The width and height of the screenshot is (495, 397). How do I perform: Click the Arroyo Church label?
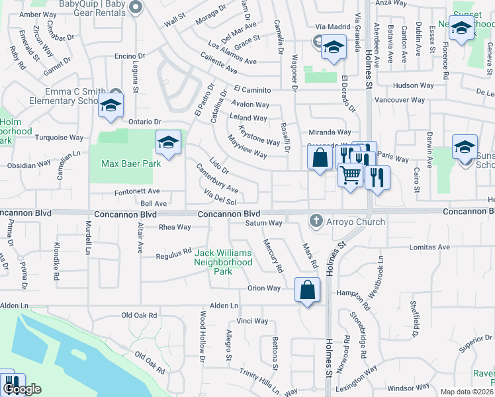pos(356,222)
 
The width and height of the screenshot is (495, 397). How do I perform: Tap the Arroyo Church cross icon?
pos(317,221)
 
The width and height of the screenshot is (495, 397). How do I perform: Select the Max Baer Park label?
pos(131,163)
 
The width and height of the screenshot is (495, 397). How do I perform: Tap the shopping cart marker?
pos(350,175)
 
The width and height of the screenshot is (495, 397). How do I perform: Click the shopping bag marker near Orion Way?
pos(308,290)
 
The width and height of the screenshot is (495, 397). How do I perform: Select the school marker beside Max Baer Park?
pos(168,142)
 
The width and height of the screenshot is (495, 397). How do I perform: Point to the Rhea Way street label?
pos(175,227)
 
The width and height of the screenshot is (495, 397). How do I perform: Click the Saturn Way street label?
pos(265,223)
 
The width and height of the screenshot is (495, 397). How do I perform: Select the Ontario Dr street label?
pos(145,122)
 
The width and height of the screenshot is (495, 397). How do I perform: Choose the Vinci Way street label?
pos(252,321)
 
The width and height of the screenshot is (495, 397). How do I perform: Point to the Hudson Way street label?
pos(412,85)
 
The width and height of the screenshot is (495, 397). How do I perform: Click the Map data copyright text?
pos(467,392)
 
